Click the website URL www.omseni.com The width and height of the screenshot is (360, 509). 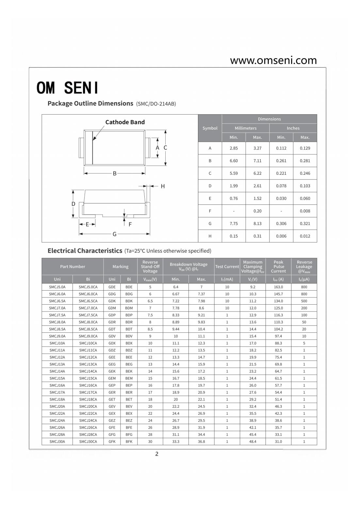coord(273,60)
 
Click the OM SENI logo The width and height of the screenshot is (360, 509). coord(67,87)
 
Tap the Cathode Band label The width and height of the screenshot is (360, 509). coord(125,122)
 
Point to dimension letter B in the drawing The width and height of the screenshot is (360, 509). coord(115,173)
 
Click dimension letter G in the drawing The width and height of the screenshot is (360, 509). coord(114,234)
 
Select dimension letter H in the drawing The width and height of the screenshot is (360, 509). coord(163,186)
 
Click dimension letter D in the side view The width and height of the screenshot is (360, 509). coord(73,204)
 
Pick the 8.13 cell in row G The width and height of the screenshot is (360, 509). coord(257,224)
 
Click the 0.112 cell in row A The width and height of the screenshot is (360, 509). coord(281,148)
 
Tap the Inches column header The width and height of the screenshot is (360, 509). coord(293,128)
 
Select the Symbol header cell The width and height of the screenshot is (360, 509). coord(210,128)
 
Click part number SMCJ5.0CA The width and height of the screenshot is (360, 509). coord(88,287)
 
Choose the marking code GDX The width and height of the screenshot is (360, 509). coord(112,343)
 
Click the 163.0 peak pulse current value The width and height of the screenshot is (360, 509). coord(278,287)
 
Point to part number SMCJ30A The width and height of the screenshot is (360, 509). coord(57,441)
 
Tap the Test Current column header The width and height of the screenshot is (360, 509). coord(227,266)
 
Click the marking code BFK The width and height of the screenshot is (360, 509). coord(129,441)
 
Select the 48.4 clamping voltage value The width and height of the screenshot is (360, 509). coord(253,441)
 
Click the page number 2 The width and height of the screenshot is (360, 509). coord(157,454)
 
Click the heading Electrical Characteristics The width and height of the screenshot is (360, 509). coord(85,251)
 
